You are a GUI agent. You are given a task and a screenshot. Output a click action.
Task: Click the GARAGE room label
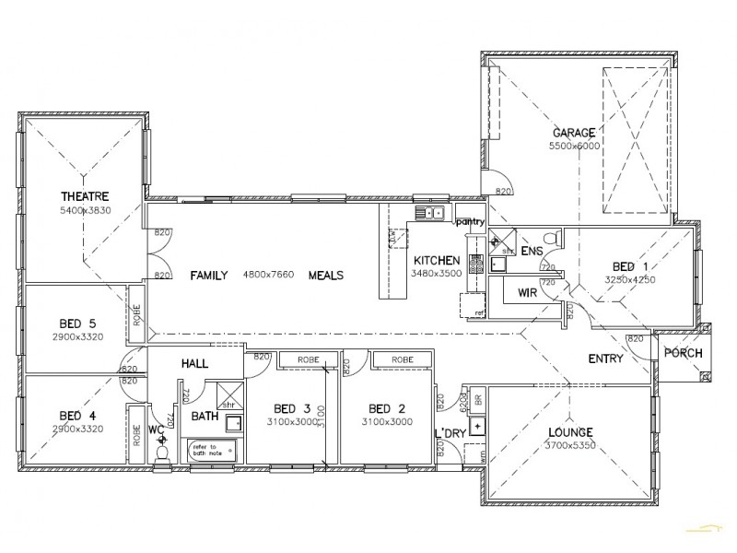[x=573, y=133]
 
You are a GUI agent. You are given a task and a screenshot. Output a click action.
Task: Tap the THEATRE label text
[x=86, y=196]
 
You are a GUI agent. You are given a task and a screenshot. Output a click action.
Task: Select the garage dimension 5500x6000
[x=574, y=147]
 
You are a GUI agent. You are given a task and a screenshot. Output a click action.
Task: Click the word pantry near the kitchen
[x=470, y=221]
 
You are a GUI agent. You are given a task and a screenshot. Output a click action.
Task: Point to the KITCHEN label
[x=430, y=260]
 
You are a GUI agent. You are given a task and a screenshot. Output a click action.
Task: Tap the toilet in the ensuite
[x=550, y=239]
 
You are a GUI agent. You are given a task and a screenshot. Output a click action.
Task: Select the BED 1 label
[x=629, y=264]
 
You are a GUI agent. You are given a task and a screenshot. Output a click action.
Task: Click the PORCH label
[x=683, y=353]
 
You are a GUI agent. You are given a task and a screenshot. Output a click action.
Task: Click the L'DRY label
[x=449, y=433]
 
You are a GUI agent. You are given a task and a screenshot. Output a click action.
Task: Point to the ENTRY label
[x=605, y=359]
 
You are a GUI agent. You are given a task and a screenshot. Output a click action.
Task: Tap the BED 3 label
[x=292, y=409]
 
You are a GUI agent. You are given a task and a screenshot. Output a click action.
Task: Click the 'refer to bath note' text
[x=205, y=451]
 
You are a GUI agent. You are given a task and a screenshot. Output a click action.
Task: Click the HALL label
[x=195, y=364]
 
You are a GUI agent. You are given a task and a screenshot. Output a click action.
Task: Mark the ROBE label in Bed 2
[x=401, y=359]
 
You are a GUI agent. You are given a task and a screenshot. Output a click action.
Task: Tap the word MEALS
[x=326, y=276]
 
